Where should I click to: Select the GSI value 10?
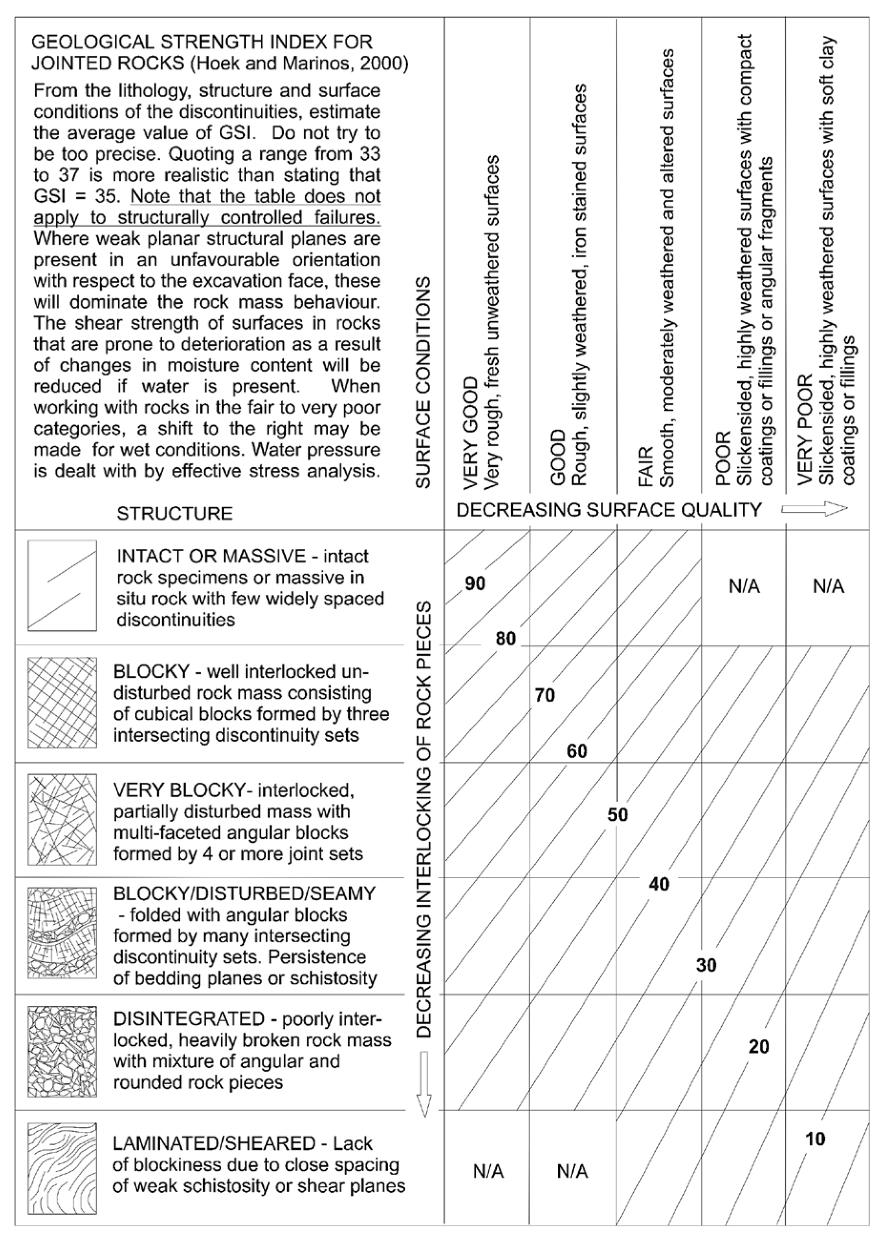(x=815, y=1139)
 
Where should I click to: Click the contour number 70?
(x=545, y=695)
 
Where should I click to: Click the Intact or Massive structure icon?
(x=62, y=586)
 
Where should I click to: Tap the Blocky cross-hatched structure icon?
(x=62, y=703)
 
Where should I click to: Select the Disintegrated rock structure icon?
(x=62, y=1052)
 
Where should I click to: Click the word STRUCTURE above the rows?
(x=175, y=513)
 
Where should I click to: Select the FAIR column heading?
(x=646, y=466)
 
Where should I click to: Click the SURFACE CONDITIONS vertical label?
(x=423, y=382)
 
